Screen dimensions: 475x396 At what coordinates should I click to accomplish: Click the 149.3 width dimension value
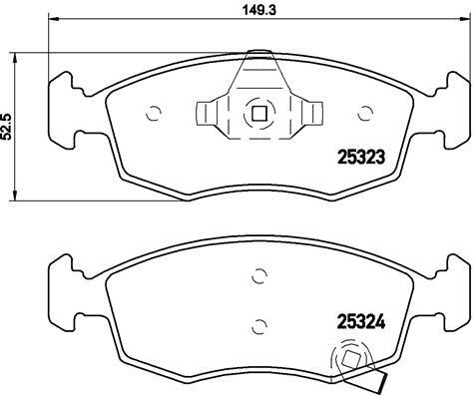coord(259,10)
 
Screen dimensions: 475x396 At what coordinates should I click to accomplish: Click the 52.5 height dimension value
coord(7,127)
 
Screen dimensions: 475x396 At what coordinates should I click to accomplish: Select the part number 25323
coord(361,157)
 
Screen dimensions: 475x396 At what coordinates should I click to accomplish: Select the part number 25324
coord(361,322)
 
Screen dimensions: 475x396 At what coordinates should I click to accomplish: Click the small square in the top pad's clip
coord(259,114)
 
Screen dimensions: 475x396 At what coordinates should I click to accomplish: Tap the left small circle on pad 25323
coord(154,114)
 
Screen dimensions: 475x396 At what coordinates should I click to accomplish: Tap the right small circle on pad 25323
coord(365,114)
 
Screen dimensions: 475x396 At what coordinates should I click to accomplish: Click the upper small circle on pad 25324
coord(259,275)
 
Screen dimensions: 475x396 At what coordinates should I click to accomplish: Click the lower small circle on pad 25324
coord(259,326)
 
